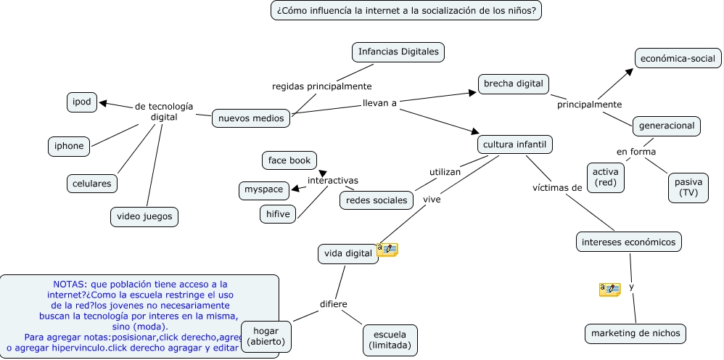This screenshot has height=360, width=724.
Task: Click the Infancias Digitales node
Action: tap(398, 52)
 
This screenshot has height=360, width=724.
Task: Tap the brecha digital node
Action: tap(514, 83)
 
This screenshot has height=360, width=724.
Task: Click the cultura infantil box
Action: tap(515, 144)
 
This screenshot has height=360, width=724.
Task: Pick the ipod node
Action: tap(82, 102)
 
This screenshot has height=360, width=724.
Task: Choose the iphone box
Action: tap(69, 146)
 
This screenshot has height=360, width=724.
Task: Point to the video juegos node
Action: tap(144, 216)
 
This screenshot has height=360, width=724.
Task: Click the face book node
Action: tap(289, 160)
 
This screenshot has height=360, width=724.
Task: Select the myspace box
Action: tap(263, 190)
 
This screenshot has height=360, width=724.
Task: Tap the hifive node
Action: tap(278, 214)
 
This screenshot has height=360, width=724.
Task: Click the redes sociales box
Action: tap(376, 200)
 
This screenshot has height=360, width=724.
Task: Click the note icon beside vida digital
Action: tap(387, 250)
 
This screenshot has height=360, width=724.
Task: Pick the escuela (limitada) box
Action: tap(390, 340)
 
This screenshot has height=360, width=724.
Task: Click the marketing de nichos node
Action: tap(635, 333)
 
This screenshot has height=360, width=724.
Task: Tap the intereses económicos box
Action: tap(629, 242)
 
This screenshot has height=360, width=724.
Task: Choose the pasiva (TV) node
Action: tap(688, 187)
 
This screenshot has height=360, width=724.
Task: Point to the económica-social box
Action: tap(678, 58)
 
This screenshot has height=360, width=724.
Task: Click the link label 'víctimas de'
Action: tap(557, 188)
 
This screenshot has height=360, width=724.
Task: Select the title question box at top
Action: tap(406, 11)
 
